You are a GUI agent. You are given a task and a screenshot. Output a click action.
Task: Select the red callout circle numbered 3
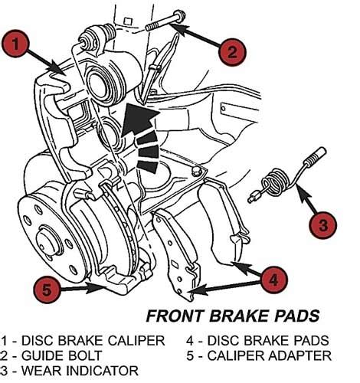[322, 225]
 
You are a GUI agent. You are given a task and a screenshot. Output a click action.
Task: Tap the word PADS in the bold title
[298, 316]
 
